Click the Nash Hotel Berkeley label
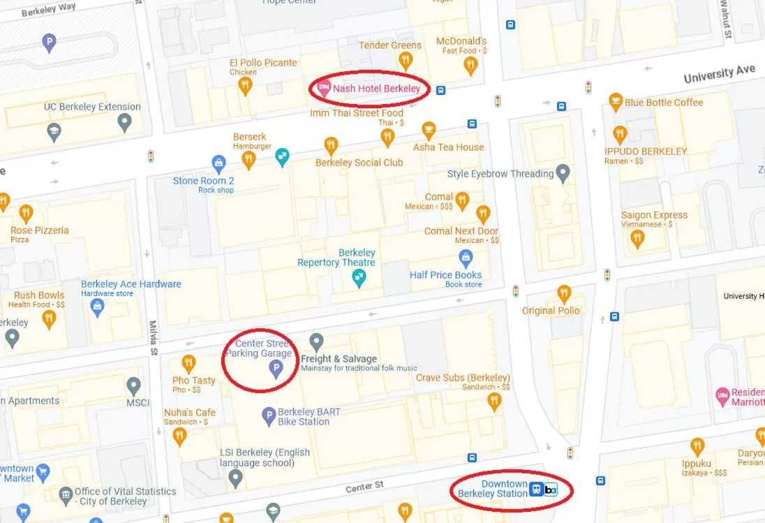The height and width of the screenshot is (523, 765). (376, 89)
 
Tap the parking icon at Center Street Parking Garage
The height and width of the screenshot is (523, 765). (276, 368)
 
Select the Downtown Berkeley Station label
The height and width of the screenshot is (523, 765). (492, 489)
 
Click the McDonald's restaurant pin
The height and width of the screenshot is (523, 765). (470, 65)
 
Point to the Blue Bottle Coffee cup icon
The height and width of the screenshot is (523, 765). (616, 102)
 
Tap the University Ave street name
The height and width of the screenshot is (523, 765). (719, 73)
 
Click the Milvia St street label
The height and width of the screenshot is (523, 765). (154, 339)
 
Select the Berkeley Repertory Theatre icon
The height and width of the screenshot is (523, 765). (358, 278)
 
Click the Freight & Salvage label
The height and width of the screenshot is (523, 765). (339, 359)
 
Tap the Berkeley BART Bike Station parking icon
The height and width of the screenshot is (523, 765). (269, 417)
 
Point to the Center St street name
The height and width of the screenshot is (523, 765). (364, 486)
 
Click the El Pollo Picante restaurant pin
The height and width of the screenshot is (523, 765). (244, 85)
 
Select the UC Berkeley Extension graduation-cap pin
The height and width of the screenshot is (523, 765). (124, 123)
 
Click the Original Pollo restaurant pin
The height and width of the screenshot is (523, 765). (564, 293)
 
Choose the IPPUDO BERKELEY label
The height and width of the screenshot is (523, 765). (646, 151)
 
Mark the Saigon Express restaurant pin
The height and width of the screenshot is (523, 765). (637, 238)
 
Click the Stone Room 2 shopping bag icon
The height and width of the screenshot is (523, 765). (219, 164)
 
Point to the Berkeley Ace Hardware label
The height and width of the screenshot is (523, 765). (131, 284)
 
